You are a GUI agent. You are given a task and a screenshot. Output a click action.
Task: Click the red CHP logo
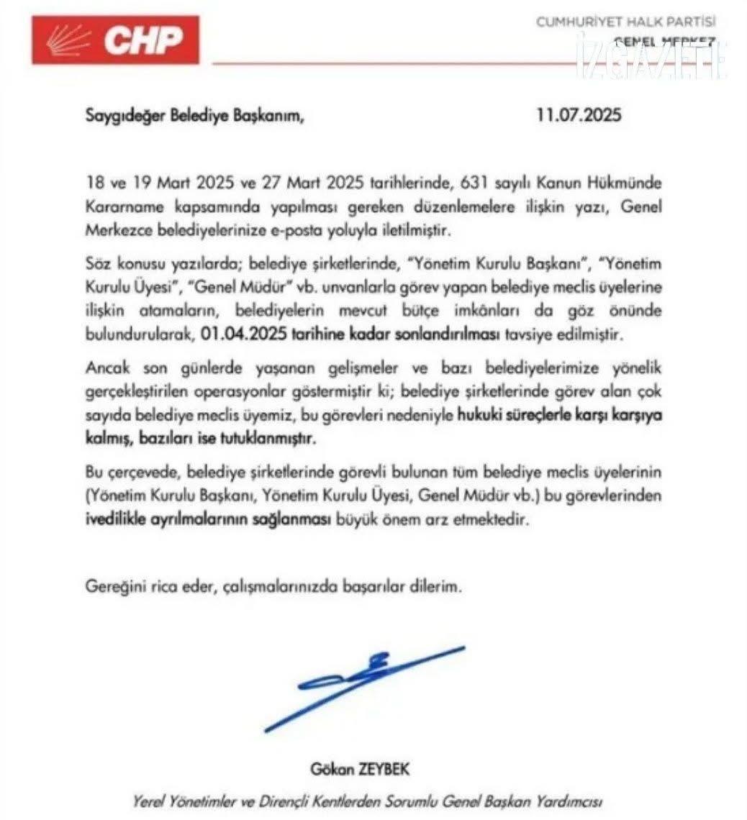(x=115, y=40)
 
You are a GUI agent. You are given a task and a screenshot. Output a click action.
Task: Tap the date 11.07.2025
(x=579, y=116)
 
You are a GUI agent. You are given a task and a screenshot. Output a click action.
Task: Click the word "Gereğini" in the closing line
(x=112, y=586)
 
